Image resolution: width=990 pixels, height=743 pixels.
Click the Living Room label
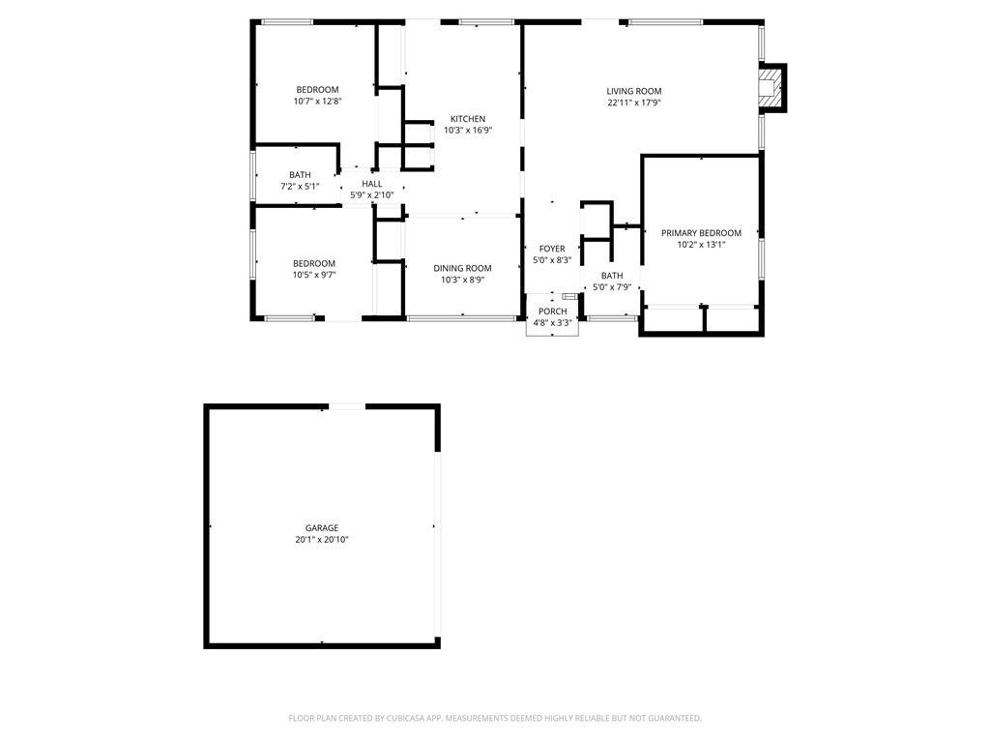[x=634, y=91]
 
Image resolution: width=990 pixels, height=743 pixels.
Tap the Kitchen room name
[x=468, y=119]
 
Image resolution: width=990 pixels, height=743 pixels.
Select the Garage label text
[x=322, y=528]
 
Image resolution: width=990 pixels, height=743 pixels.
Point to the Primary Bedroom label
[x=701, y=233]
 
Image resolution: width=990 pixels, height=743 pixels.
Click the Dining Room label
[x=462, y=268]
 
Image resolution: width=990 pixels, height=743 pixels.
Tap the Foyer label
[x=552, y=249]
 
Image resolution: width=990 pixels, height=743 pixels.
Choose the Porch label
[x=553, y=311]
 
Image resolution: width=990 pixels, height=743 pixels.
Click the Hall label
[x=372, y=184]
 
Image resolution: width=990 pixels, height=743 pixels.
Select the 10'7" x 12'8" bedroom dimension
[x=318, y=101]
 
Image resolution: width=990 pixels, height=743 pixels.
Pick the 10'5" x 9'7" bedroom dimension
[x=314, y=275]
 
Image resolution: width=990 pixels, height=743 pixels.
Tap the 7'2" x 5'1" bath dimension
[x=300, y=186]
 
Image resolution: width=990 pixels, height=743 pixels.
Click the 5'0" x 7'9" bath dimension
[x=612, y=286]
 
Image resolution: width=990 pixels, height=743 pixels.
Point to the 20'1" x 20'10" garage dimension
[x=322, y=540]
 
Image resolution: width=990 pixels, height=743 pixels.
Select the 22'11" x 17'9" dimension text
[x=634, y=103]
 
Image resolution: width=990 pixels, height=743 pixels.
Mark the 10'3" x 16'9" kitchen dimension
[x=468, y=131]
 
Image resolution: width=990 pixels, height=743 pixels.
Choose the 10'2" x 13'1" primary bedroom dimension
[x=701, y=245]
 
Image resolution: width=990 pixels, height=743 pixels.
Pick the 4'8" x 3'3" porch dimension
[x=553, y=322]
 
